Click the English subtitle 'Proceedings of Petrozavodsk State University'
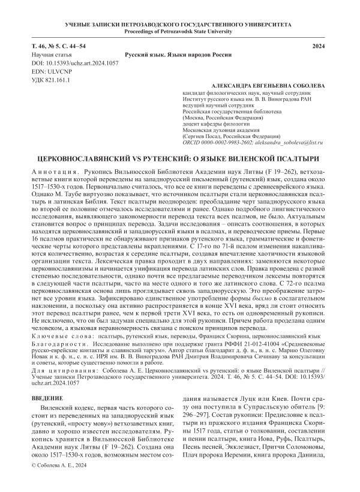coord(180,31)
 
